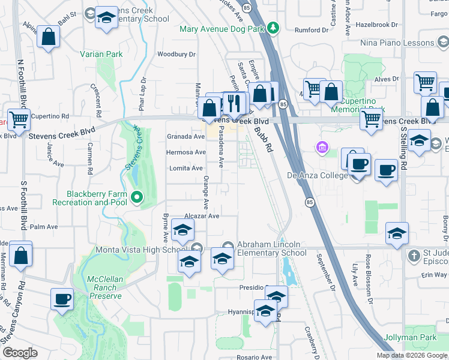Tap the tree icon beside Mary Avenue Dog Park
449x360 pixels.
[x=274, y=27]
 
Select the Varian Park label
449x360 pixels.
[x=101, y=54]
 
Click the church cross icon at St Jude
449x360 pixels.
[x=413, y=256]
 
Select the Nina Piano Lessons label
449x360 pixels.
[x=397, y=43]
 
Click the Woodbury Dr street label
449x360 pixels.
[x=176, y=54]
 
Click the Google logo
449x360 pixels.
[x=20, y=353]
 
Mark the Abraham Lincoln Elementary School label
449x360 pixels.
[x=272, y=248]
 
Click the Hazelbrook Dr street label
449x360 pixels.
[x=376, y=25]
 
